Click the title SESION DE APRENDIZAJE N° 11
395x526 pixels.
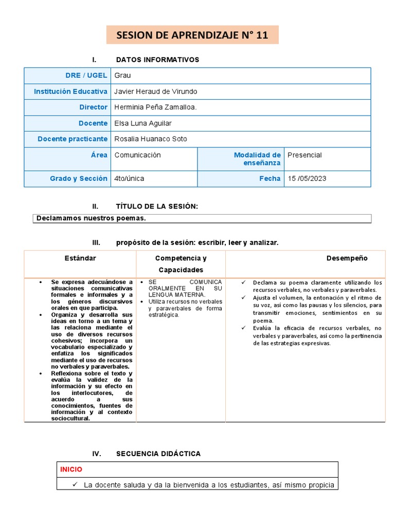[x=192, y=35]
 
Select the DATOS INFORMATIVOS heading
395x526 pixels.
[x=157, y=60]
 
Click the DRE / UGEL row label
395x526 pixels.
[x=86, y=76]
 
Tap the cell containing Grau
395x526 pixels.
[x=123, y=76]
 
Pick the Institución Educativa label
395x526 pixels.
[x=70, y=91]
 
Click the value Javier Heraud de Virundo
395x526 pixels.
[x=156, y=91]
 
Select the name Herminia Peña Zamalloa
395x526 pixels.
[x=155, y=107]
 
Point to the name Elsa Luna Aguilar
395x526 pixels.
[x=143, y=123]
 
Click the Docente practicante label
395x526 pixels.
[x=73, y=139]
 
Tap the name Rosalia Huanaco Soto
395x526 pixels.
[x=151, y=139]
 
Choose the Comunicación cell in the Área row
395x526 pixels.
[x=137, y=155]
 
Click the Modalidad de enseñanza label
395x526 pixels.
[x=257, y=159]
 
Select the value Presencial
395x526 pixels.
[x=304, y=155]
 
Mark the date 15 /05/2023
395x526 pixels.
[x=307, y=179]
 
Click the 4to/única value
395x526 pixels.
[x=129, y=179]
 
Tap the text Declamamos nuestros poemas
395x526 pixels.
[x=91, y=218]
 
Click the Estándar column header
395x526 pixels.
[x=80, y=258]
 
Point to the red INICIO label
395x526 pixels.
[x=71, y=469]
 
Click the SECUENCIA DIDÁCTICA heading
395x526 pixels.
[x=158, y=454]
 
